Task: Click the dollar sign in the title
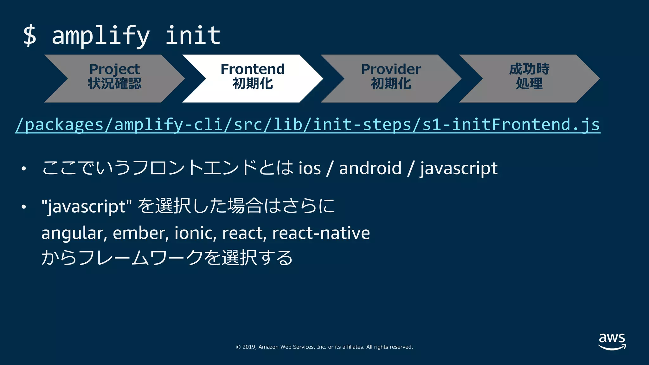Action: [x=30, y=36]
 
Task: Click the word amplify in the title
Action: [x=100, y=36]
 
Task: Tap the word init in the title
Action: [x=193, y=35]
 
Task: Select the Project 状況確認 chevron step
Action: [x=114, y=78]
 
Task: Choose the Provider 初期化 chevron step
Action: [x=391, y=78]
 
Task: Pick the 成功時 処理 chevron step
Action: [x=529, y=78]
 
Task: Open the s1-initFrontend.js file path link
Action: [x=307, y=125]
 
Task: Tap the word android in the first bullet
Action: [x=370, y=168]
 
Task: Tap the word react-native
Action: [x=321, y=233]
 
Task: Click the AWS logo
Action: [x=612, y=341]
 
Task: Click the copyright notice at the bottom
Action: [x=324, y=347]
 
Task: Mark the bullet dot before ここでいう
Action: [x=23, y=169]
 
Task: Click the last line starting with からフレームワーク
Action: [x=167, y=258]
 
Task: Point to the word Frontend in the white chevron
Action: [x=253, y=69]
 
